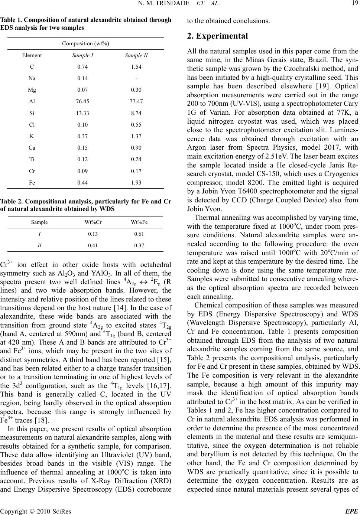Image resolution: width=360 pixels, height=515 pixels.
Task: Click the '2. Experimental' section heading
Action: pos(217,36)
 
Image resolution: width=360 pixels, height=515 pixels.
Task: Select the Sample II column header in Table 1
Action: pos(136,55)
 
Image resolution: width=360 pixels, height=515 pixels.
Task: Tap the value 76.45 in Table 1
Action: pos(82,101)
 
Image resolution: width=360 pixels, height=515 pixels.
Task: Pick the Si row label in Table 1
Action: pos(32,113)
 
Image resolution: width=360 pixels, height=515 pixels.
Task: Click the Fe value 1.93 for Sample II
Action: pos(136,182)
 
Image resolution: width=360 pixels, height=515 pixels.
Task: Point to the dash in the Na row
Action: pos(136,78)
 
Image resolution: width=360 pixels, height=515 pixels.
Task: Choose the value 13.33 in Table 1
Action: pos(82,113)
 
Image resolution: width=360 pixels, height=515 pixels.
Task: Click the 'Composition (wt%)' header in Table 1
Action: pos(85,43)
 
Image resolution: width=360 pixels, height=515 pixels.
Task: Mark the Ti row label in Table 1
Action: pos(32,159)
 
